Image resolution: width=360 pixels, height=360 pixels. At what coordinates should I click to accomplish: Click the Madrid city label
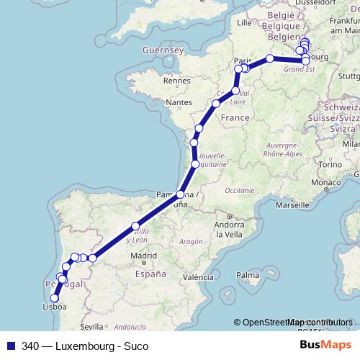pyautogui.click(x=145, y=255)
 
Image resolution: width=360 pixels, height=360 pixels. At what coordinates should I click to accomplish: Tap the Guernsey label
pyautogui.click(x=165, y=50)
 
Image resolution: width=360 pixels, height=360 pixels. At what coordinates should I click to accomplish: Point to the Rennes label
pyautogui.click(x=177, y=81)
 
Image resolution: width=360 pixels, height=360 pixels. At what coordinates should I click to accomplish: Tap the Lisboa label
pyautogui.click(x=55, y=306)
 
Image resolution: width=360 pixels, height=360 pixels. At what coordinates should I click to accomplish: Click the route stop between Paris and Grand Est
pyautogui.click(x=269, y=58)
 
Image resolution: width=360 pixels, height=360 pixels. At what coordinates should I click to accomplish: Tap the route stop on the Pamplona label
pyautogui.click(x=180, y=194)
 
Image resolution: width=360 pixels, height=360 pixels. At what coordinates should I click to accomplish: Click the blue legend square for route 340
pyautogui.click(x=8, y=346)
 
